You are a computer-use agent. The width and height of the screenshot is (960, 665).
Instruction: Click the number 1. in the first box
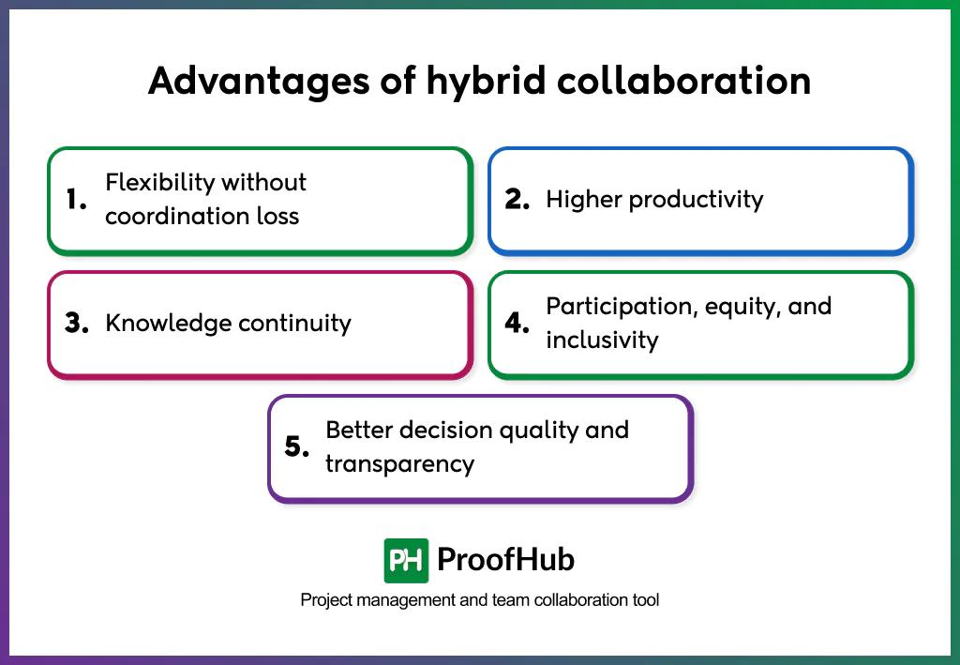[77, 200]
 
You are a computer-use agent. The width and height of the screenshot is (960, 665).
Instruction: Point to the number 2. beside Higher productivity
[518, 200]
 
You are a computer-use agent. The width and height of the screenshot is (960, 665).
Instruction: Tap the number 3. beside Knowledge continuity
[77, 324]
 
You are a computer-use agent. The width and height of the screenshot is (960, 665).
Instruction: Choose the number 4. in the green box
[518, 324]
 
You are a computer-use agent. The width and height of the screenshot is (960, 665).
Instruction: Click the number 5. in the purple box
[297, 447]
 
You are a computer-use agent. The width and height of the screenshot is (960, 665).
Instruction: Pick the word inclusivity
[602, 340]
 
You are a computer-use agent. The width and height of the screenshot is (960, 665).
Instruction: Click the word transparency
[399, 464]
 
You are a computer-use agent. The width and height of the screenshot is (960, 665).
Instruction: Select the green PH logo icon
[406, 561]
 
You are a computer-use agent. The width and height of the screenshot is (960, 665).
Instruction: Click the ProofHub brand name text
[505, 561]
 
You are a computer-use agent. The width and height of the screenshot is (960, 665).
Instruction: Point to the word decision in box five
[445, 431]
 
